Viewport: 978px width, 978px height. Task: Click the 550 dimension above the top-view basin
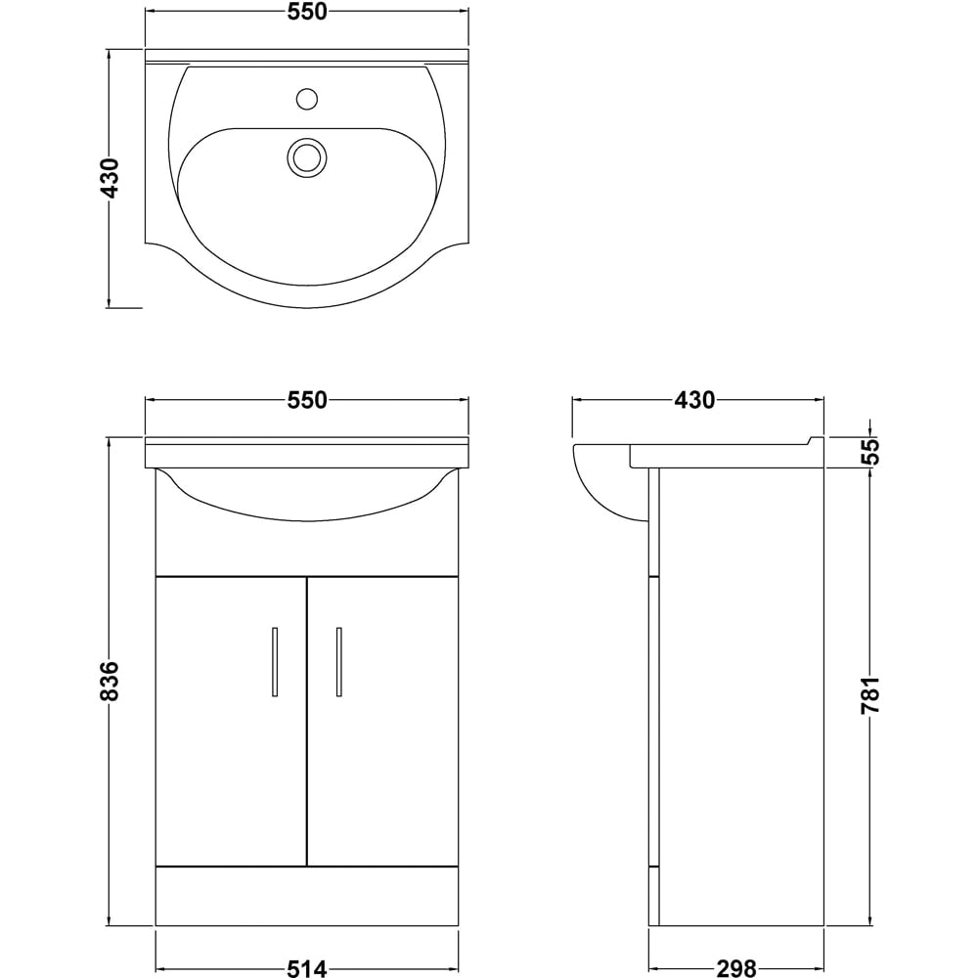pos(306,13)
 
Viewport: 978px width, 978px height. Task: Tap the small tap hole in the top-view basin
pos(307,98)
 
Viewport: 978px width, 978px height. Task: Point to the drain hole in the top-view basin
pos(306,156)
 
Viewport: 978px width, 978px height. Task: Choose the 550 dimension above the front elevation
pos(306,400)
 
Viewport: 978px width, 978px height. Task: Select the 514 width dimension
pos(306,968)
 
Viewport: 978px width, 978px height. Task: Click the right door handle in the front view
pos(338,662)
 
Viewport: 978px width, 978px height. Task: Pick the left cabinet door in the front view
pos(231,721)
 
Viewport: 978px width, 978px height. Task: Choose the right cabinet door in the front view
pos(383,721)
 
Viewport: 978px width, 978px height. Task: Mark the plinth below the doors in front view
pos(306,896)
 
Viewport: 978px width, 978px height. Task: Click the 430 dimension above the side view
pos(696,400)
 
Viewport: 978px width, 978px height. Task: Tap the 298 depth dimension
pos(735,968)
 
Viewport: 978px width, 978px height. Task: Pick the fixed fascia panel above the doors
pos(306,548)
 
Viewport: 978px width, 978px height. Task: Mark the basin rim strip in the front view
pos(306,453)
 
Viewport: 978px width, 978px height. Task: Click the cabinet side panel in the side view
pos(741,694)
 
